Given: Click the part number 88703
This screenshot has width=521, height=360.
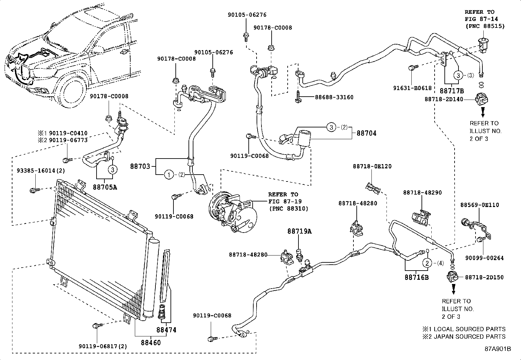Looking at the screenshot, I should [140, 166].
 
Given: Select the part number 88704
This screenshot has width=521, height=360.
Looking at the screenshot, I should [367, 133].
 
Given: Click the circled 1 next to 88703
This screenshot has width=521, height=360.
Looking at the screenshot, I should [169, 175].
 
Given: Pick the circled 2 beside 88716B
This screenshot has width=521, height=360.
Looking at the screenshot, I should [427, 262].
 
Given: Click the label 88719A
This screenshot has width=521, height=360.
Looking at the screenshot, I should [299, 231].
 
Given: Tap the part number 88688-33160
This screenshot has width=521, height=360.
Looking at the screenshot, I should [334, 97].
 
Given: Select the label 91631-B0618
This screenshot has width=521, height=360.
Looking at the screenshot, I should [412, 88].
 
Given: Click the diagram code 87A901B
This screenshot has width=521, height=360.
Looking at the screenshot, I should [498, 349].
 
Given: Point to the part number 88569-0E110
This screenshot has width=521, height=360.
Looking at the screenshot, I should [479, 205].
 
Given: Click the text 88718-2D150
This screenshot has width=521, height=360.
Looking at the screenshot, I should [484, 277].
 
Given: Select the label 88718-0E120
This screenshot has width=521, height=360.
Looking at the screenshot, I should [372, 166].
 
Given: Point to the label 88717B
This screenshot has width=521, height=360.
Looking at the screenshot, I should [452, 91].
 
